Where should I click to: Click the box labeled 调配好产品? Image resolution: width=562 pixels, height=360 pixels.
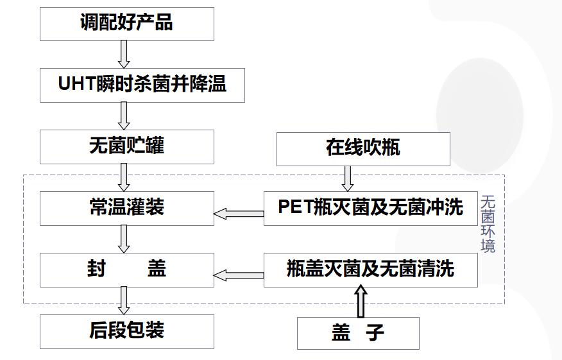(126, 24)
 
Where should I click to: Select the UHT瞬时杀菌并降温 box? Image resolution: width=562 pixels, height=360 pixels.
(142, 84)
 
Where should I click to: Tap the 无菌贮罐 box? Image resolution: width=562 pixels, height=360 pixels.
(126, 146)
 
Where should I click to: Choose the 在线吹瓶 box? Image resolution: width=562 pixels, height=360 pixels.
(363, 148)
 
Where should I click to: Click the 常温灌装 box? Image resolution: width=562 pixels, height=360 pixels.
(126, 208)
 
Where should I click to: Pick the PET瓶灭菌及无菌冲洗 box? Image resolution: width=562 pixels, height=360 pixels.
(370, 208)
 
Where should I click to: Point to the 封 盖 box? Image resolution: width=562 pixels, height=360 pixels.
(126, 270)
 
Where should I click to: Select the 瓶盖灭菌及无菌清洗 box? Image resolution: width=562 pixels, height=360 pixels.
(370, 270)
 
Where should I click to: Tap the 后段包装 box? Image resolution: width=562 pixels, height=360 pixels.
(126, 331)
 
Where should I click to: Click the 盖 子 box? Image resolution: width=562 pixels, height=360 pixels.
(358, 333)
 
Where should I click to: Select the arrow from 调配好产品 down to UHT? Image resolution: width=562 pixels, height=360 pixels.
(124, 53)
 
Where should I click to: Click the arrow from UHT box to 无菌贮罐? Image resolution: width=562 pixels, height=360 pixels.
(124, 116)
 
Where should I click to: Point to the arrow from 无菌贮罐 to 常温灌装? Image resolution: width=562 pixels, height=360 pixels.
(124, 177)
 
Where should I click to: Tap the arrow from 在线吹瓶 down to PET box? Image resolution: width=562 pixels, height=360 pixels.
(348, 178)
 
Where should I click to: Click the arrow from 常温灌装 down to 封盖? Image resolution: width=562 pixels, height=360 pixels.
(124, 239)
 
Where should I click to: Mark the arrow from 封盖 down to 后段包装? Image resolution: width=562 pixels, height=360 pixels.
(124, 300)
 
